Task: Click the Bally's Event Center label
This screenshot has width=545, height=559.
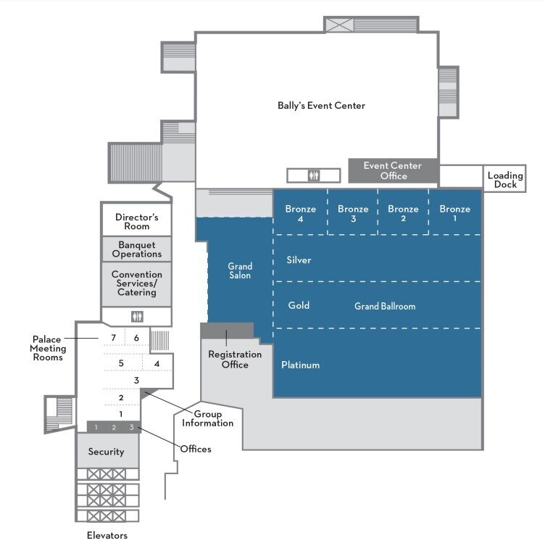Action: tap(321, 106)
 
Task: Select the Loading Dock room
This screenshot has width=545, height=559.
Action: tap(504, 180)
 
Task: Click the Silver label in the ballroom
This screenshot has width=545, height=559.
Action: tap(299, 260)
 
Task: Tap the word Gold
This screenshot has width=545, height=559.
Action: tap(299, 305)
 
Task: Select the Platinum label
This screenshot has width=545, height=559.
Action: tap(300, 365)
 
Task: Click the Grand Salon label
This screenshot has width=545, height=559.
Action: tap(240, 271)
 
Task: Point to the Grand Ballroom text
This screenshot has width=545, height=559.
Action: tap(385, 306)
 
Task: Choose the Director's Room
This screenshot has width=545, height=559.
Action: tap(136, 221)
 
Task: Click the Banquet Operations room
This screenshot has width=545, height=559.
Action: tap(136, 249)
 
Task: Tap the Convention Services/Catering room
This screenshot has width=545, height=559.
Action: tap(136, 283)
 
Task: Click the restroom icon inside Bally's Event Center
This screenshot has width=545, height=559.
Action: tap(313, 175)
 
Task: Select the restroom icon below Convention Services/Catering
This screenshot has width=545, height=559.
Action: tap(137, 317)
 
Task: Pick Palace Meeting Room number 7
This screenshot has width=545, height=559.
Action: tap(113, 338)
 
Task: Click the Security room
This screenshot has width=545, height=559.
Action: tap(106, 452)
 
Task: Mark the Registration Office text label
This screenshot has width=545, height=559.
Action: tap(235, 360)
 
